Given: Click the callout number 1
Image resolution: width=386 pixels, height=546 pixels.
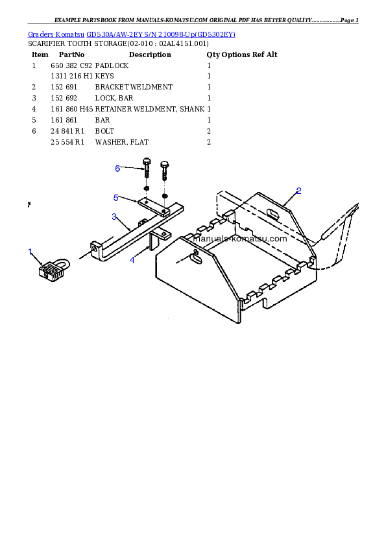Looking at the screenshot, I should (30, 252).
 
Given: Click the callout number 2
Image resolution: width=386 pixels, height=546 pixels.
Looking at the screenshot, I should (298, 191).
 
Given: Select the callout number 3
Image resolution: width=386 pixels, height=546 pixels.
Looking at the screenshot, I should (114, 217).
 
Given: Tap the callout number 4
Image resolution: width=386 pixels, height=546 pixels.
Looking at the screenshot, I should (132, 260).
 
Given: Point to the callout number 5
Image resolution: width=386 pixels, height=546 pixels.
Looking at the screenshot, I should (115, 197).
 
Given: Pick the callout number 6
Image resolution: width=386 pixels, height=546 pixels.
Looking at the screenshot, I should (117, 169).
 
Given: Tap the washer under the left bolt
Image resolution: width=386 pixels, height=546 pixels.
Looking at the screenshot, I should (147, 189).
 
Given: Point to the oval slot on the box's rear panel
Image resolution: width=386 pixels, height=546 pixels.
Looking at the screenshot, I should (272, 211).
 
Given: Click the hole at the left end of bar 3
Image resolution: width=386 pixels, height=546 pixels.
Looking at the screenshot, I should (95, 246).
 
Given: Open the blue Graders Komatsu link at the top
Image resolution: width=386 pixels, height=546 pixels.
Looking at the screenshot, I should (131, 34).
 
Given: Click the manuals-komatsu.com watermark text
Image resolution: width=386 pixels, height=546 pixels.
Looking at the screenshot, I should (240, 239).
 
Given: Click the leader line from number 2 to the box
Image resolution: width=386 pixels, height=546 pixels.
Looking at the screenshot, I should (290, 200).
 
